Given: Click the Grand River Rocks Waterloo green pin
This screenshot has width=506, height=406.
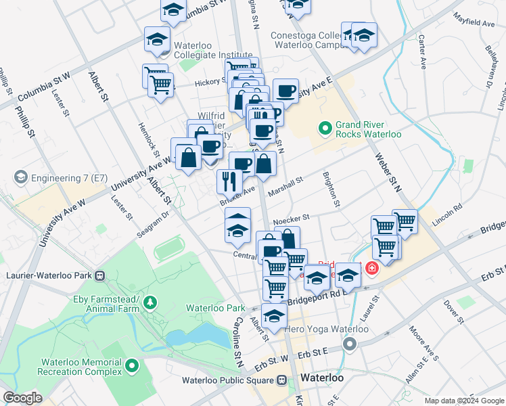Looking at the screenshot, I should pyautogui.click(x=325, y=127).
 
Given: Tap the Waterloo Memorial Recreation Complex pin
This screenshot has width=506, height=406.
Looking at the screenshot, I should pyautogui.click(x=131, y=367).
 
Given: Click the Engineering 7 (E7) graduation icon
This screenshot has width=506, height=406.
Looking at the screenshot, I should pyautogui.click(x=20, y=177).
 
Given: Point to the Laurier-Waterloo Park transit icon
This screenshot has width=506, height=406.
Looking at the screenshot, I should pyautogui.click(x=101, y=275).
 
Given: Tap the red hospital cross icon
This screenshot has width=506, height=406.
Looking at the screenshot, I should pyautogui.click(x=371, y=269).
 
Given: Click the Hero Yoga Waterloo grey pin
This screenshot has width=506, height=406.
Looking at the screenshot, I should pyautogui.click(x=350, y=345).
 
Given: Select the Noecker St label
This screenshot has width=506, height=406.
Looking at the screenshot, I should pyautogui.click(x=291, y=219).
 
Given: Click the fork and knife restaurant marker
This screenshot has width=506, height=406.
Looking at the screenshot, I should pyautogui.click(x=229, y=180).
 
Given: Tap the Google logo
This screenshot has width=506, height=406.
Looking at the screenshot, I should pyautogui.click(x=23, y=397).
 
